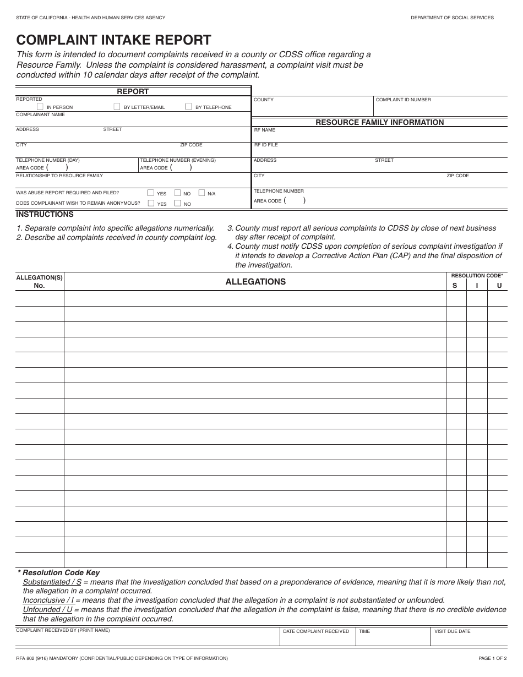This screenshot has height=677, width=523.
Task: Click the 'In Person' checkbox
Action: pos(40,106)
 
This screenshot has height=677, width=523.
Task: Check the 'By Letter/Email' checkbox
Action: pos(117,106)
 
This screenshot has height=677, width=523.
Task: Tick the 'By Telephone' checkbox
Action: pos(189,106)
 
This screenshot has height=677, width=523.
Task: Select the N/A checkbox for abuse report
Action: pos(201,193)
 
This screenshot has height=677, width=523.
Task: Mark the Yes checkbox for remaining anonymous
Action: pos(151,203)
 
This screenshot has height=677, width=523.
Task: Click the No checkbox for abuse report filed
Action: pos(177,193)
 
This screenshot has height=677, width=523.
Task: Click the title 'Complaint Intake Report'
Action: pos(113,40)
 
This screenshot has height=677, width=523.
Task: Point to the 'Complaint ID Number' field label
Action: pos(403,100)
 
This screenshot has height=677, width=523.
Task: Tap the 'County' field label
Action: pos(263,100)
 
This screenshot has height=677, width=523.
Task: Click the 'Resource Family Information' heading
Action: pos(379,122)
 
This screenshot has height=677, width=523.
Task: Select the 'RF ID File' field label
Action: pos(265,145)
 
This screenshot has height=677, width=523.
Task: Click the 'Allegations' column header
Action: pos(255,281)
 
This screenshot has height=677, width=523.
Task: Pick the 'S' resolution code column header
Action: pos(455,285)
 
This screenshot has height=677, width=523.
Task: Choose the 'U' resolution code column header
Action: pos(499,285)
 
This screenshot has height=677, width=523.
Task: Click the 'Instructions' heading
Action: pos(45,214)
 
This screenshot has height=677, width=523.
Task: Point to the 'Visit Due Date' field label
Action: pos(452,631)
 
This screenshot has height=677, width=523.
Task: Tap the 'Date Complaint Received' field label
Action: pos(315,631)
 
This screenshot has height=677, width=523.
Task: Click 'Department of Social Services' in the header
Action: pos(452,18)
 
